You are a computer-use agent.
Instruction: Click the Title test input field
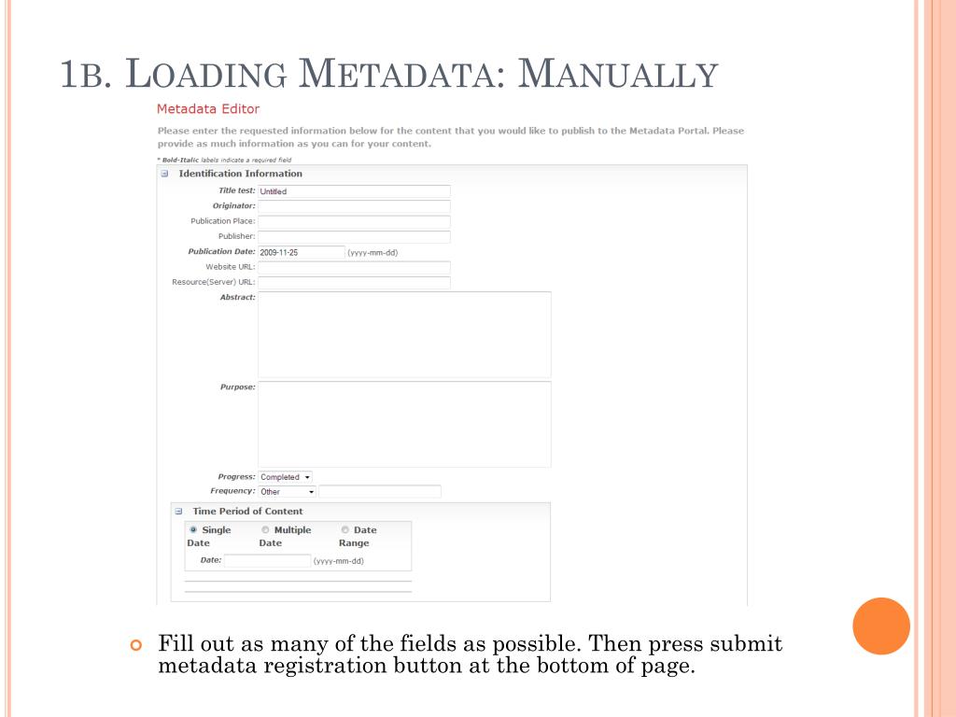354,191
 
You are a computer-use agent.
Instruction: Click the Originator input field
354,206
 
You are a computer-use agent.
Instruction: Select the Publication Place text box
354,221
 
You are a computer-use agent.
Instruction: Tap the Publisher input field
354,237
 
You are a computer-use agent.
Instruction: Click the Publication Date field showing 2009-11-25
302,252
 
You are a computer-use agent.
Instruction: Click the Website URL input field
354,267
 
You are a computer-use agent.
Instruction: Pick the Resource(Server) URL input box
354,282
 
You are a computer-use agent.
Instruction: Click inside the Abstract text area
404,334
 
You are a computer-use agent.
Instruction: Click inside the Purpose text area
404,424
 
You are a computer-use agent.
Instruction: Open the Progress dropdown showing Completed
286,477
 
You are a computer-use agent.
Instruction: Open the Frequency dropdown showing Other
288,492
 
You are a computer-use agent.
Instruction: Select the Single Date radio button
193,530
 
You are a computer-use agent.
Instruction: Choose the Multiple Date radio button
265,530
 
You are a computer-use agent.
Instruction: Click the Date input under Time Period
267,561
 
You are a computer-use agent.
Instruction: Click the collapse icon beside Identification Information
164,174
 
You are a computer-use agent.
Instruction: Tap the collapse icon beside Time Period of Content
178,512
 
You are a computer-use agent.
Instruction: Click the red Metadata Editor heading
208,109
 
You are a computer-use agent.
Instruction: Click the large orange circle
881,626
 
